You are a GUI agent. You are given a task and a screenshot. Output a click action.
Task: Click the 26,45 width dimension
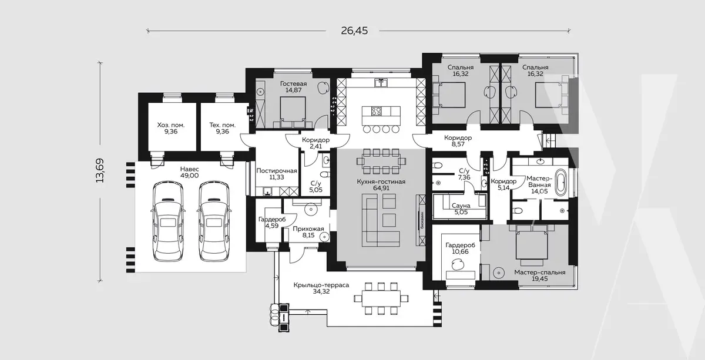[354, 31]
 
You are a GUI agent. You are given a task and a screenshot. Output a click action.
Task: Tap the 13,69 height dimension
[100, 170]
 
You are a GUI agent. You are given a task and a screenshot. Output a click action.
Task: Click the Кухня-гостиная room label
[381, 181]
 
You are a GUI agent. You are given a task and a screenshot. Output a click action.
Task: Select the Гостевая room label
[293, 84]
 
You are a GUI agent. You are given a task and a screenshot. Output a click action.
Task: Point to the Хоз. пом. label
[171, 125]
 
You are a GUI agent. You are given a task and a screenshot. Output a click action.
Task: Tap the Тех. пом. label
[223, 125]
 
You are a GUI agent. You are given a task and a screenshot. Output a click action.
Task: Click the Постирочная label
[277, 170]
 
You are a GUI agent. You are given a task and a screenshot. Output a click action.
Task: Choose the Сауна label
[461, 206]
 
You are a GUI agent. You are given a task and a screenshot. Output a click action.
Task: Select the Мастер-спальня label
[540, 272]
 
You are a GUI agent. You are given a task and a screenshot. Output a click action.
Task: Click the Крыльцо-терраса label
[321, 285]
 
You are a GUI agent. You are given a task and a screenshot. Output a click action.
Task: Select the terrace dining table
[381, 298]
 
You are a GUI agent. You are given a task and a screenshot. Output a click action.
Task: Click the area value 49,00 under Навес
[189, 176]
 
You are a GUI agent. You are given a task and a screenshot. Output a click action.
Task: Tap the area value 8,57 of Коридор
[458, 144]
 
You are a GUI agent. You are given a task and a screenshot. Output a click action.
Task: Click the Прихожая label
[308, 229]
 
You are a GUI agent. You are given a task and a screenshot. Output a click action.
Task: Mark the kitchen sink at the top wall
[381, 83]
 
